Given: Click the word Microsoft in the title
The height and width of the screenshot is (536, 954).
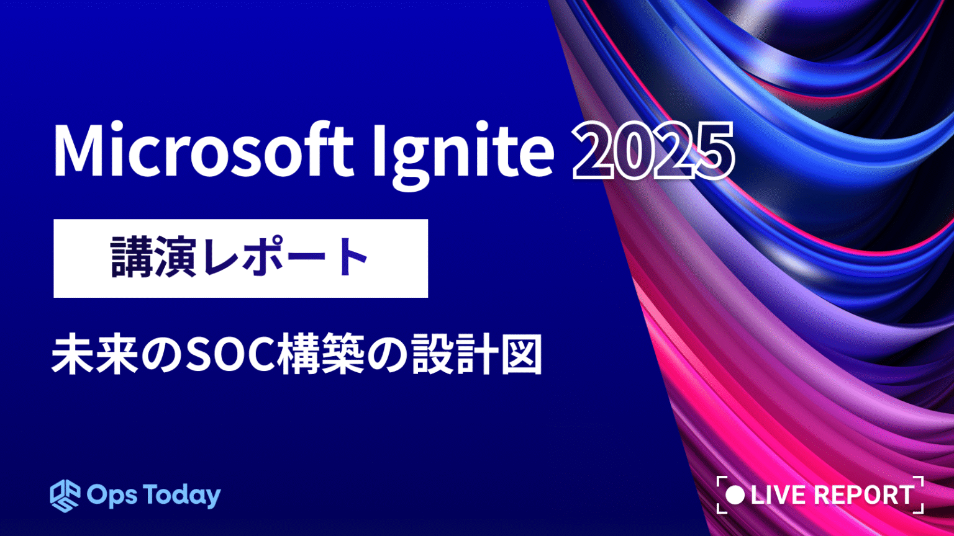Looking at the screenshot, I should point(203,151).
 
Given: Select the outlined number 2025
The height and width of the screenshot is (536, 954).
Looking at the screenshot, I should point(653,151).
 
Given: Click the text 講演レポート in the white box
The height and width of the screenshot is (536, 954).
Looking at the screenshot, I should point(240,258).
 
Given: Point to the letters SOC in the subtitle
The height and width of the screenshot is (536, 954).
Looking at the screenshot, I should point(230,355).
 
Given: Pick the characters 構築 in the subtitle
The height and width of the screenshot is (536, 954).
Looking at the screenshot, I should point(320,355).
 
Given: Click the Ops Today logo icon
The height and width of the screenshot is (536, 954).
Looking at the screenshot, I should point(65,495).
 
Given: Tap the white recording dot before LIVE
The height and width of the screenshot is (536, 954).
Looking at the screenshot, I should point(735,495).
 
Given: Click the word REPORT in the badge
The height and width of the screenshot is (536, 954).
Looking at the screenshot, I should point(864,495).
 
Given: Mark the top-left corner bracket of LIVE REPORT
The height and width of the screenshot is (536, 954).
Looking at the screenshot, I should point(721,481).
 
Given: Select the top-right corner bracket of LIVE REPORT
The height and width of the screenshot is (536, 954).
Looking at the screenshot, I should point(919,481).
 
